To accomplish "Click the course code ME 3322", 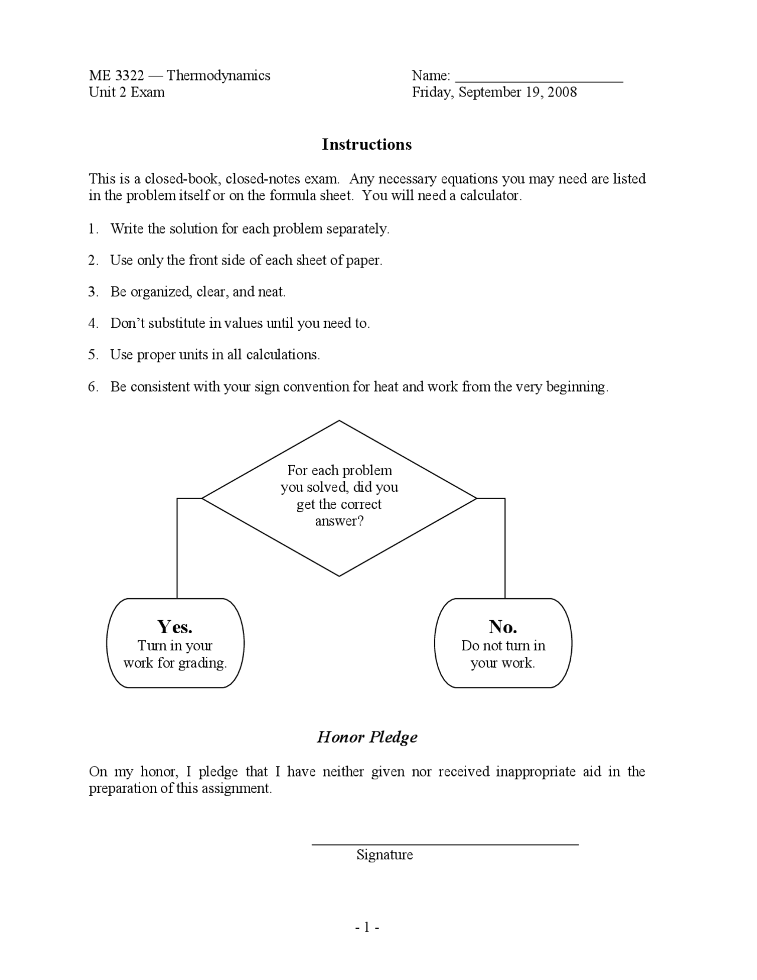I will point(117,75).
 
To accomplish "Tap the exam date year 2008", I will point(562,92).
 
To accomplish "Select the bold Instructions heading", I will point(367,144).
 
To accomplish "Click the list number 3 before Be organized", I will point(92,292).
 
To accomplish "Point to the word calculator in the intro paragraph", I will point(490,196).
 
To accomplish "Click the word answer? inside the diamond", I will point(339,521).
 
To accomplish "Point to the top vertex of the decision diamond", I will point(339,421).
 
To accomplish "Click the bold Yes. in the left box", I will point(174,626).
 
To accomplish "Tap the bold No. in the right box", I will point(503,626).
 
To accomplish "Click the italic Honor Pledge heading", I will point(367,737).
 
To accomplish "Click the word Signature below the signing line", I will point(384,855).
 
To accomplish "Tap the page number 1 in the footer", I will point(367,927).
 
